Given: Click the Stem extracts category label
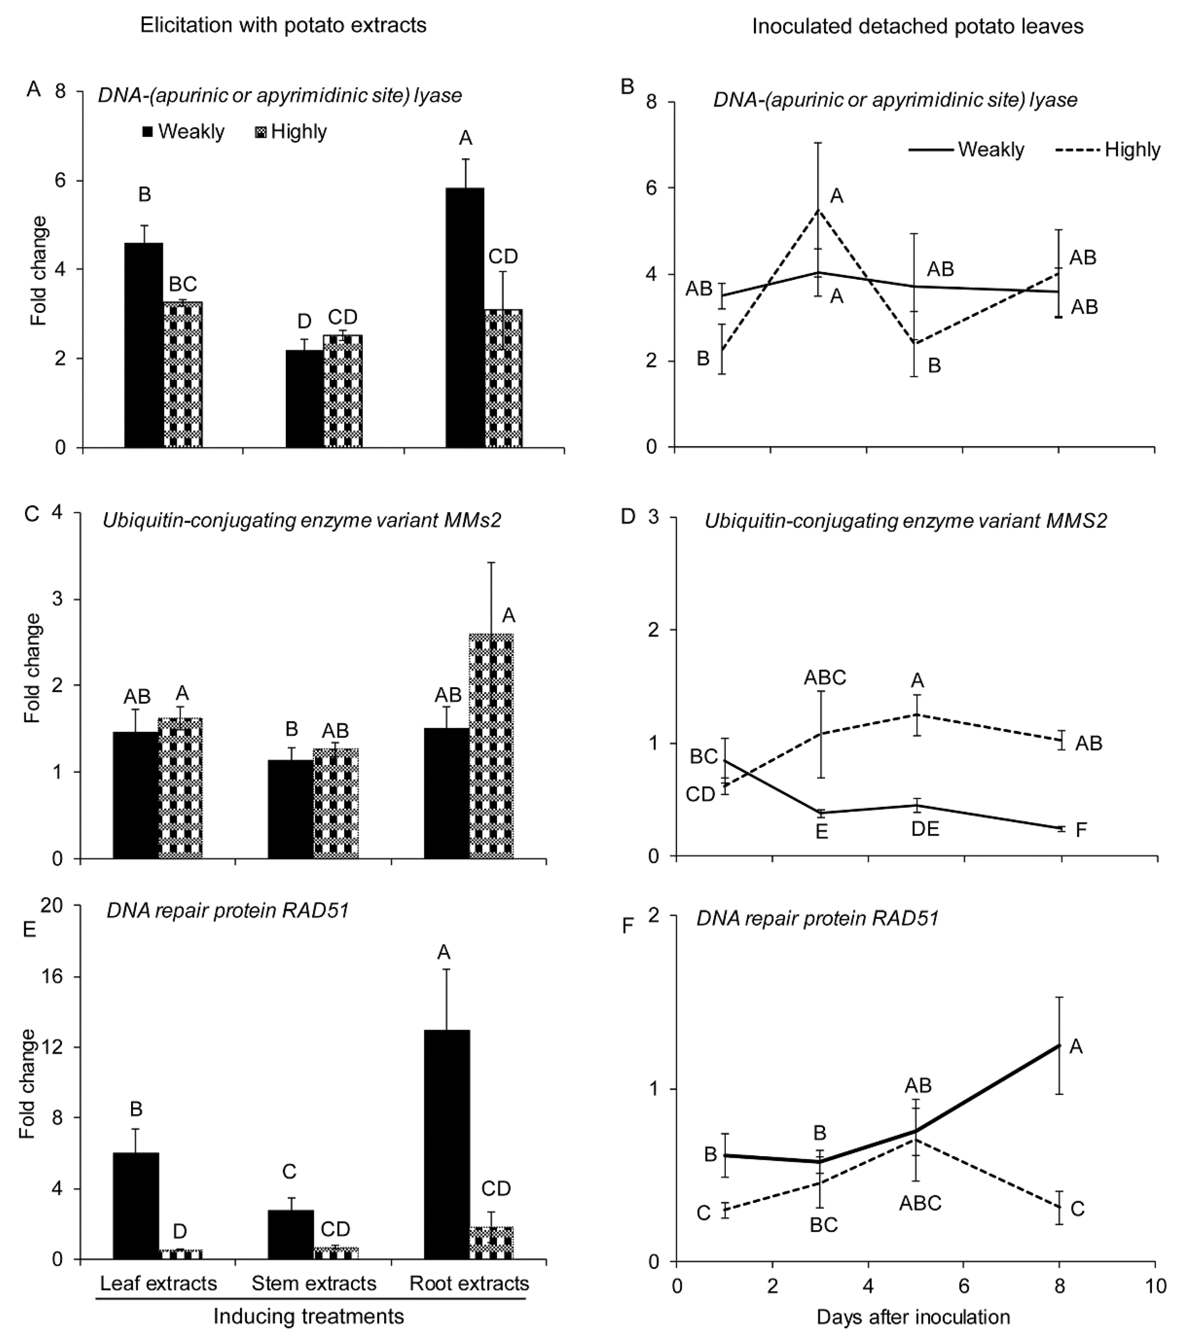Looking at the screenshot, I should [314, 1283].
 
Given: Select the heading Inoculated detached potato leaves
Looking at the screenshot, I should [917, 26].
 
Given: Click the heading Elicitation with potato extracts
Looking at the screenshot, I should [283, 25].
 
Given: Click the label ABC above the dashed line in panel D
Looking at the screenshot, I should [825, 678].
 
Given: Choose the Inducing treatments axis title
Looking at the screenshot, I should [309, 1316].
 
